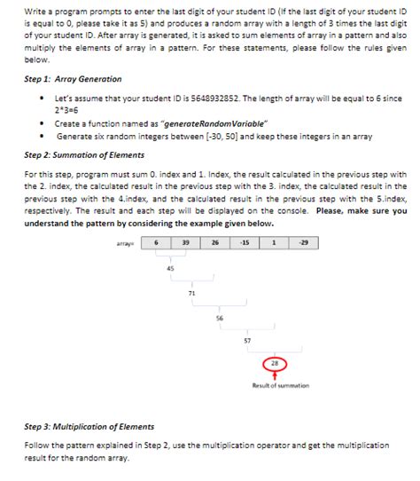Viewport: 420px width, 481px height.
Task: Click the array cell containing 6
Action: (157, 242)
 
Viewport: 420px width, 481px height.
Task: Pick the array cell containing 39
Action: (187, 242)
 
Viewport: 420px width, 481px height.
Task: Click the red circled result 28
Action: (276, 363)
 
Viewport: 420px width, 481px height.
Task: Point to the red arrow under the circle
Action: (276, 376)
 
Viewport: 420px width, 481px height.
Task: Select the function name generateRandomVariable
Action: (195, 124)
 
